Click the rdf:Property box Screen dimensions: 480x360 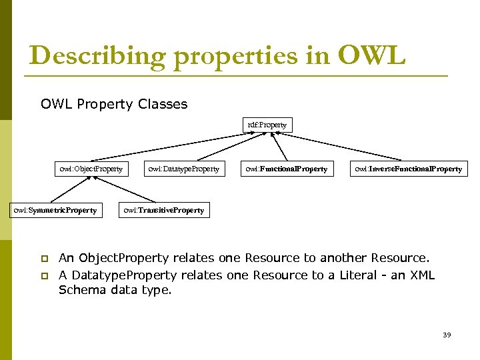(267, 125)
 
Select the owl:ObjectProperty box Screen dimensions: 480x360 (91, 169)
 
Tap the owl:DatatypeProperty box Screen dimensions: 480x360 (183, 169)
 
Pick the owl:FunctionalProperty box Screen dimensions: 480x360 (286, 169)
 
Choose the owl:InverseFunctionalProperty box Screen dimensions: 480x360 (408, 169)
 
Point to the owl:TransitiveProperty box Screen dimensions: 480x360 (163, 210)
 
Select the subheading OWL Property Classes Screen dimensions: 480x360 (114, 104)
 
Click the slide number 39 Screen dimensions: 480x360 (447, 335)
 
